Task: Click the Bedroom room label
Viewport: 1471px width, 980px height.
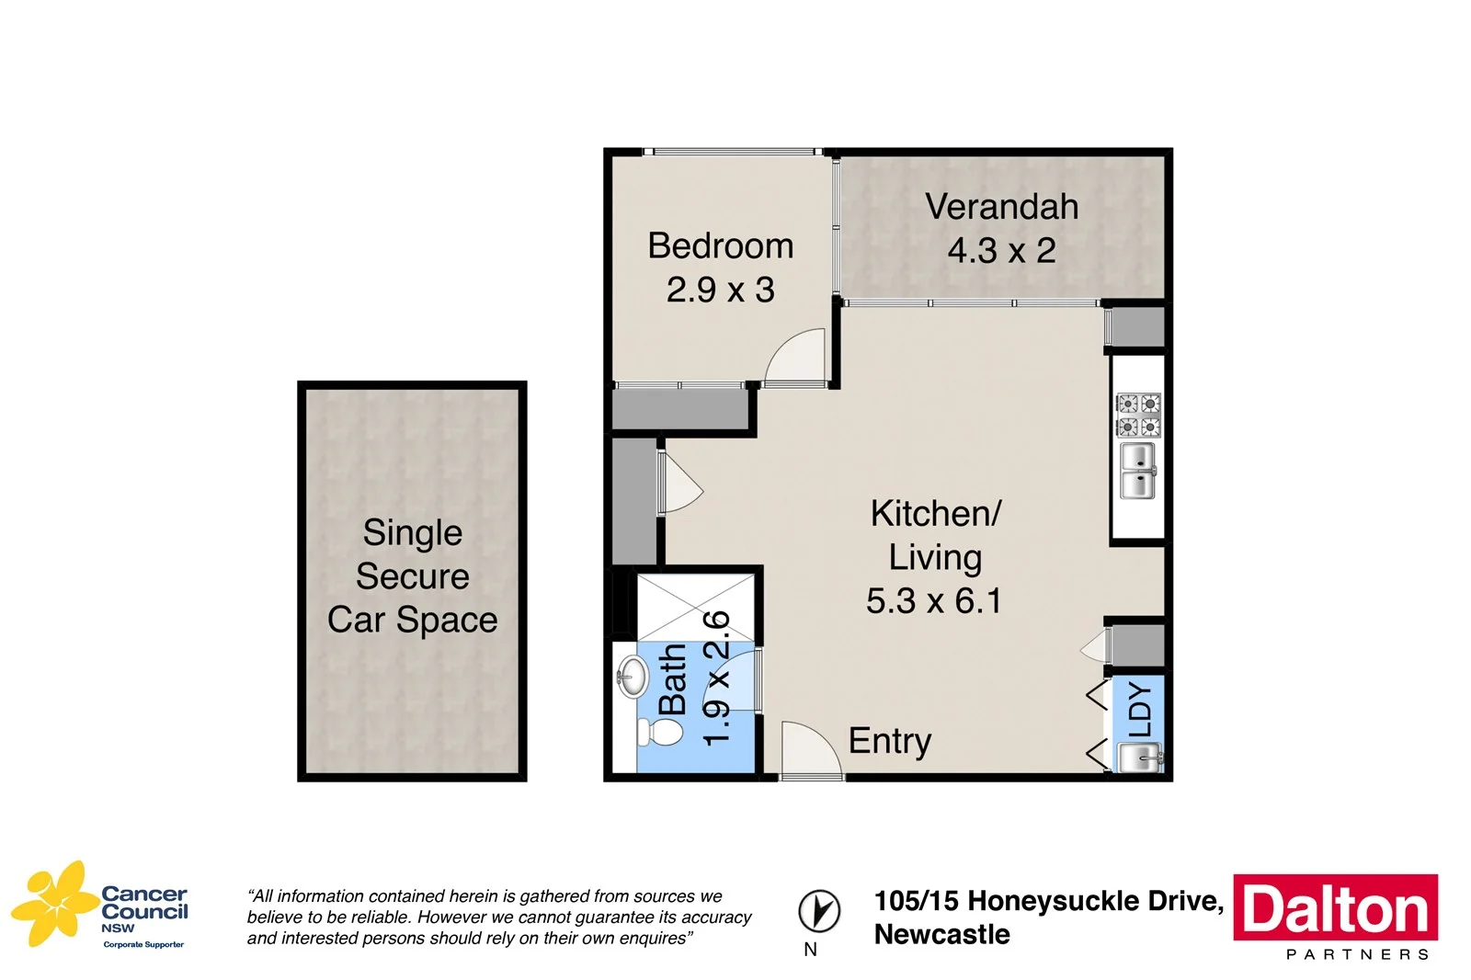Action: [x=720, y=246]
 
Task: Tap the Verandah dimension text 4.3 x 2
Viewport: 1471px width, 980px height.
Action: [x=1001, y=251]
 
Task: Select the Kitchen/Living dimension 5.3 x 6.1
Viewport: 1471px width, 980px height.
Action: [x=933, y=601]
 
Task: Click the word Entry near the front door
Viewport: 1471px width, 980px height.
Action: [x=889, y=741]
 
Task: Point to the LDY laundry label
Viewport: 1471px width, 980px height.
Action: [x=1140, y=709]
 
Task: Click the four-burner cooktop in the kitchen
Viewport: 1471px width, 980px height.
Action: [x=1138, y=415]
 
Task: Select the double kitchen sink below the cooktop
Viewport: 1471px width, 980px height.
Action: [x=1138, y=471]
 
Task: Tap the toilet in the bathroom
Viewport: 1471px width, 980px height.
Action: [x=661, y=733]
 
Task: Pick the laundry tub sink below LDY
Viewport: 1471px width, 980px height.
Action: [x=1139, y=758]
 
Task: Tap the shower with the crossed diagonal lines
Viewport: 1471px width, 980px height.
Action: [x=696, y=607]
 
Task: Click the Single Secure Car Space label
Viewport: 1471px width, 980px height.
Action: [x=412, y=576]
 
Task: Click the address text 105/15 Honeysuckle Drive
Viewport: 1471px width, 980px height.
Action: [x=1048, y=901]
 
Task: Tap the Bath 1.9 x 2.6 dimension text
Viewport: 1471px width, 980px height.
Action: [x=716, y=678]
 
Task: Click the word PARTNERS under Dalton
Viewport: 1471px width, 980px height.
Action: [x=1357, y=954]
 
